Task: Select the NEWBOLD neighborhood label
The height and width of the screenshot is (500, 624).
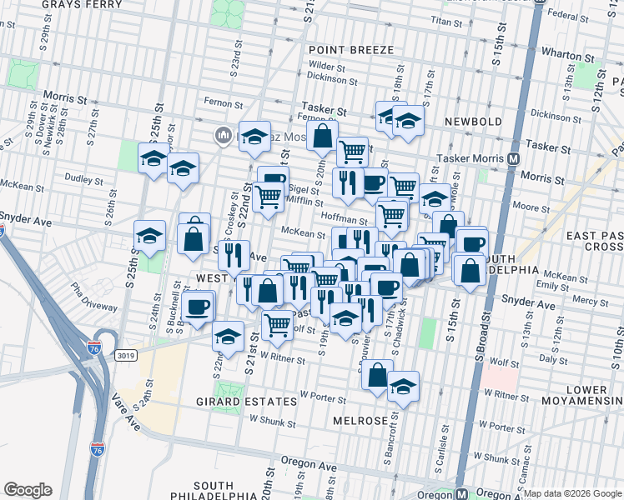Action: (x=472, y=122)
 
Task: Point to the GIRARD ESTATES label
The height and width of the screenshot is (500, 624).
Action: (x=246, y=401)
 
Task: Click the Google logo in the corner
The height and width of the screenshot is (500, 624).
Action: (x=28, y=490)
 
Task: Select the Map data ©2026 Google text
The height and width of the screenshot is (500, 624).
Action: (x=572, y=493)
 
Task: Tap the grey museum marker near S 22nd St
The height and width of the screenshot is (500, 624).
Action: (x=224, y=136)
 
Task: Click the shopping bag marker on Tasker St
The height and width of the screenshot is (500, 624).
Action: (x=322, y=133)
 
